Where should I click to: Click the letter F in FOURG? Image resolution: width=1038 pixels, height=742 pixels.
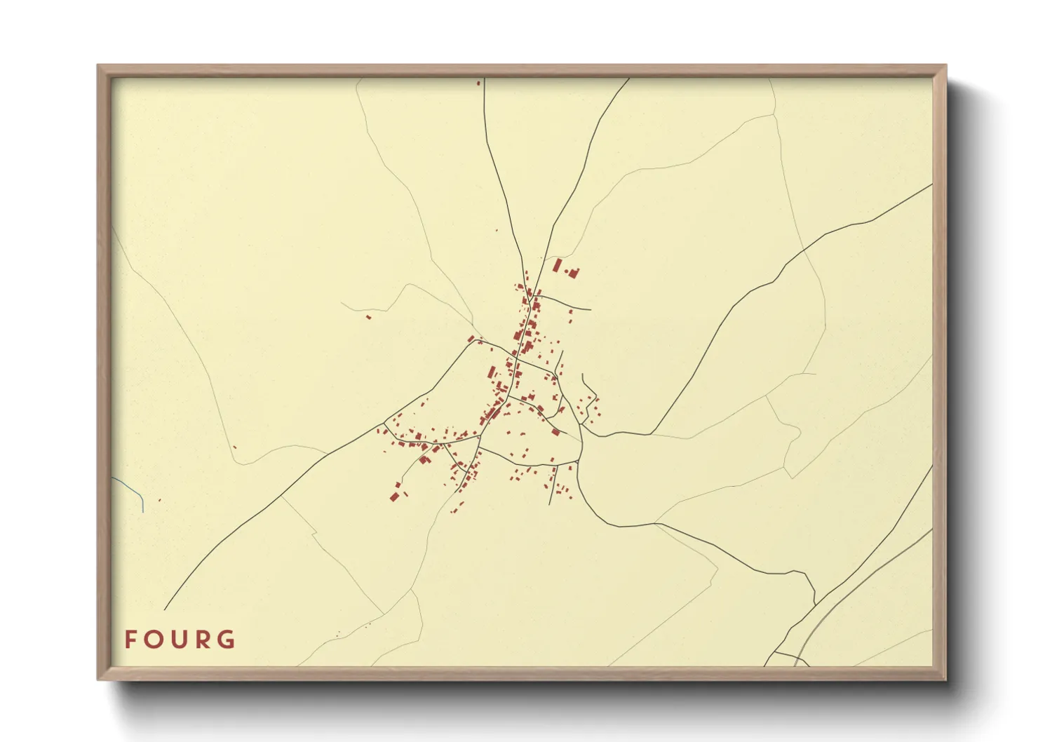pyautogui.click(x=130, y=640)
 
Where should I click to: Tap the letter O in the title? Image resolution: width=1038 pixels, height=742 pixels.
pyautogui.click(x=154, y=640)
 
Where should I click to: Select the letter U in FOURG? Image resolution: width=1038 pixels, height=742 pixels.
pyautogui.click(x=179, y=640)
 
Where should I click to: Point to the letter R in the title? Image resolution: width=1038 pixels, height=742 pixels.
pyautogui.click(x=202, y=640)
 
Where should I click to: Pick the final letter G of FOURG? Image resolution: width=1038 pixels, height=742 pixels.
pyautogui.click(x=227, y=640)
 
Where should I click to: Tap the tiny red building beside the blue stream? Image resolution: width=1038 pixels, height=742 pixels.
pyautogui.click(x=160, y=500)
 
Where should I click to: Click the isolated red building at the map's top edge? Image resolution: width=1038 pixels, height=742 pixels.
pyautogui.click(x=479, y=83)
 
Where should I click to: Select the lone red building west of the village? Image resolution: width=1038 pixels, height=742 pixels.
pyautogui.click(x=368, y=317)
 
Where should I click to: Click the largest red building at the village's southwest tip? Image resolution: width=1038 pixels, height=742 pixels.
pyautogui.click(x=394, y=497)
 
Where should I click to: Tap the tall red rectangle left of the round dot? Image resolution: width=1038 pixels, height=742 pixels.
pyautogui.click(x=558, y=266)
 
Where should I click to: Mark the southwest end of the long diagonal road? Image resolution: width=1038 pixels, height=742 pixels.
pyautogui.click(x=166, y=609)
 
